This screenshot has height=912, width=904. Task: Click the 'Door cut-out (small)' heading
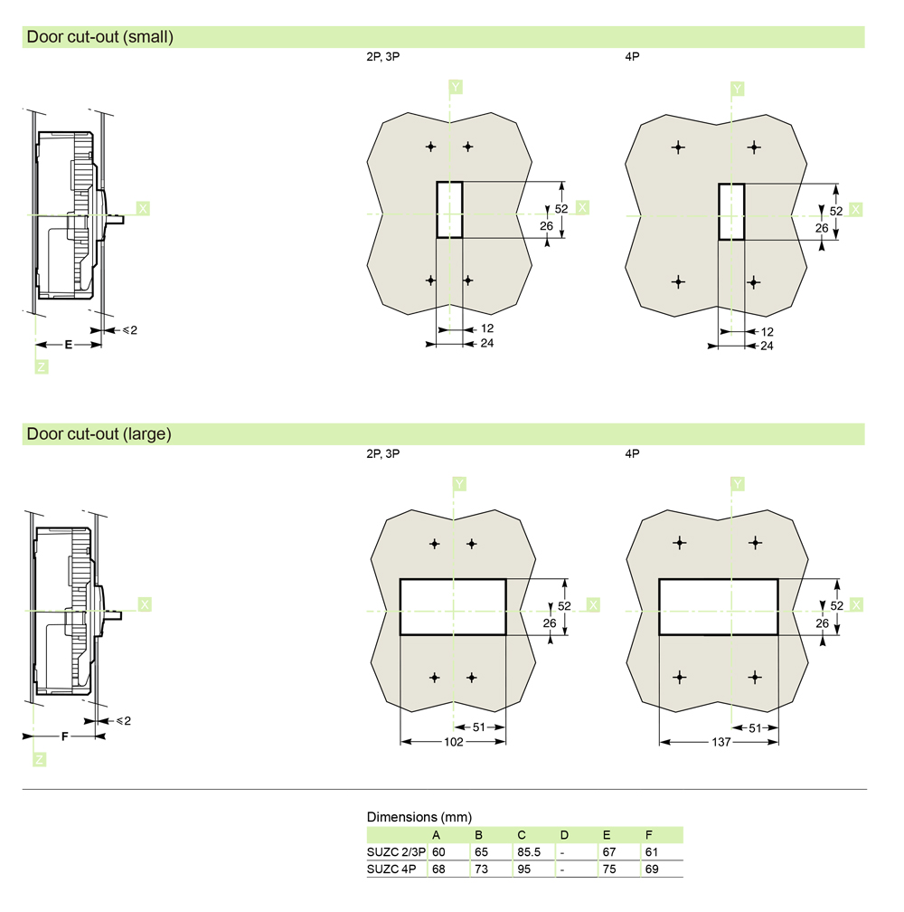(x=100, y=36)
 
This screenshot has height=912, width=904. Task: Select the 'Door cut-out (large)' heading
(x=99, y=434)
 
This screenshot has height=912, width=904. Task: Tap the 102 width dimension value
(x=454, y=742)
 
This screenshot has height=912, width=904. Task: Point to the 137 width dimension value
(x=721, y=742)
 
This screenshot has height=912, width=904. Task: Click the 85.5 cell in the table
(x=529, y=852)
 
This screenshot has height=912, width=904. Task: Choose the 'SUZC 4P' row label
(x=391, y=869)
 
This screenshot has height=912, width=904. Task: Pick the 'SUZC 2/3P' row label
(x=396, y=852)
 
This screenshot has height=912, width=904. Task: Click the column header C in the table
(x=521, y=835)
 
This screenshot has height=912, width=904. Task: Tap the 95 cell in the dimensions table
(x=524, y=869)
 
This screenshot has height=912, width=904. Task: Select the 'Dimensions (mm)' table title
(x=419, y=817)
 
